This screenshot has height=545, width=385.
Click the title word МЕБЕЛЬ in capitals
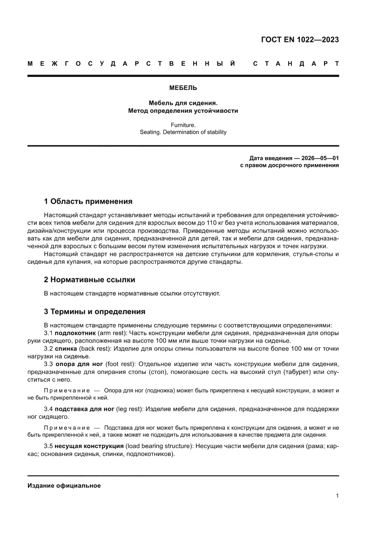(183, 88)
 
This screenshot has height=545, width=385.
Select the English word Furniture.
(183, 125)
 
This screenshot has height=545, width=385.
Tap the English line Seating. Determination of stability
(183, 132)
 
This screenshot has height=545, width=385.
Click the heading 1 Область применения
(88, 201)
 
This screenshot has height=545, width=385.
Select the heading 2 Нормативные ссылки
(89, 280)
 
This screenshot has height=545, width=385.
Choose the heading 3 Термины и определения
(95, 311)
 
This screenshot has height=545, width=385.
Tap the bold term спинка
(66, 348)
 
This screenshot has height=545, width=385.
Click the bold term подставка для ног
(84, 408)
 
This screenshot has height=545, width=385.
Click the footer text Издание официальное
(64, 485)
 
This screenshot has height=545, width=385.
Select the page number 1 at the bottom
(337, 496)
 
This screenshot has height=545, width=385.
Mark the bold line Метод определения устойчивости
(183, 111)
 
